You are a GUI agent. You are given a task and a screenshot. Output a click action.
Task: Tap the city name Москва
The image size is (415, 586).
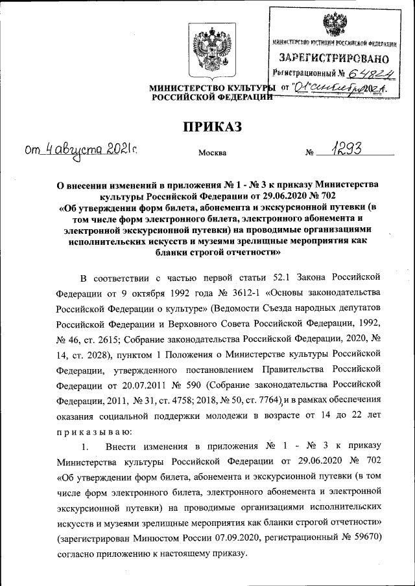(x=212, y=153)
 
